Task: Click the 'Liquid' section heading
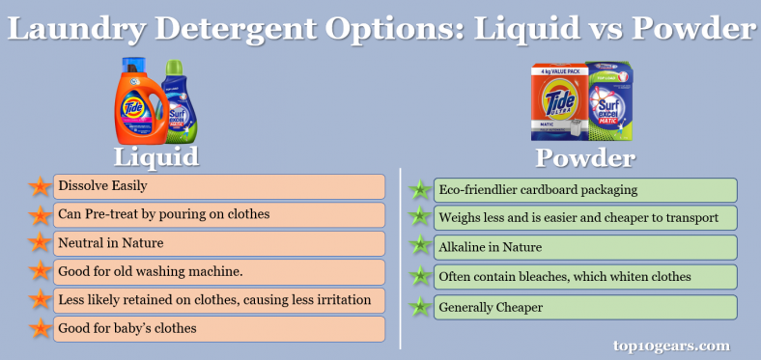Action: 156,157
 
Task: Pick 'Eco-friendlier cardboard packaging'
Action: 584,190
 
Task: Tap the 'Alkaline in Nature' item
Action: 584,247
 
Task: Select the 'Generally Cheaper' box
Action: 584,307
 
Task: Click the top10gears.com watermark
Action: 671,345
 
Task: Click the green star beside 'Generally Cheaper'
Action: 419,308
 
